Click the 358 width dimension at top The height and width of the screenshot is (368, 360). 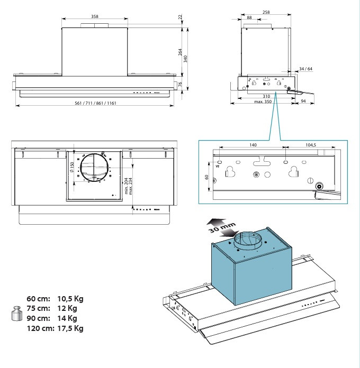tap(94, 17)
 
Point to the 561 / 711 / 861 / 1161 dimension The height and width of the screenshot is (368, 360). tap(96, 103)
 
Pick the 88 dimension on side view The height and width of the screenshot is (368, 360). tap(249, 18)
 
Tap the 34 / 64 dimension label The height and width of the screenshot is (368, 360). tap(305, 69)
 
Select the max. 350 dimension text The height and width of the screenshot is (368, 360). tap(262, 102)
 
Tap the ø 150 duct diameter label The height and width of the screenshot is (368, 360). tap(71, 169)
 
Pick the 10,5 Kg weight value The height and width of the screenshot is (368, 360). tap(70, 299)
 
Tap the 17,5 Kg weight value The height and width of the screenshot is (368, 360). tap(70, 328)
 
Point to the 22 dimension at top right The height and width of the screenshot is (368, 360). tap(179, 17)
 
